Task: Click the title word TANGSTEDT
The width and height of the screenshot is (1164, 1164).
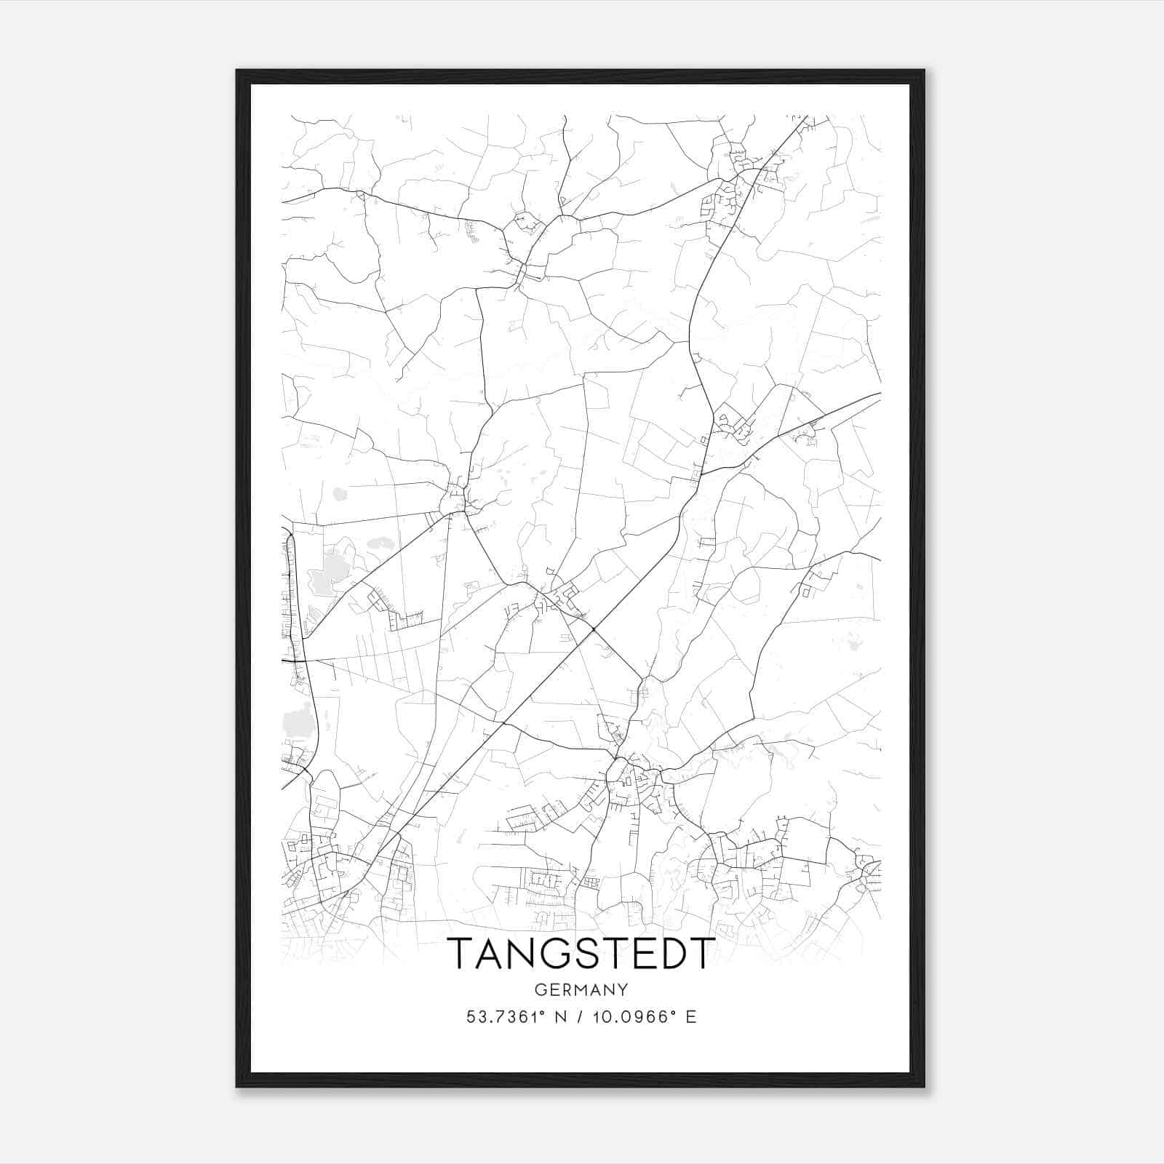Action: point(581,953)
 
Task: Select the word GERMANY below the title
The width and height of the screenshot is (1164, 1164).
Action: point(581,989)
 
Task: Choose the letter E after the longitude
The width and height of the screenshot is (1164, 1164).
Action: point(690,1017)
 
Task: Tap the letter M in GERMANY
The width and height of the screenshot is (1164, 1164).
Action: point(582,989)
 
